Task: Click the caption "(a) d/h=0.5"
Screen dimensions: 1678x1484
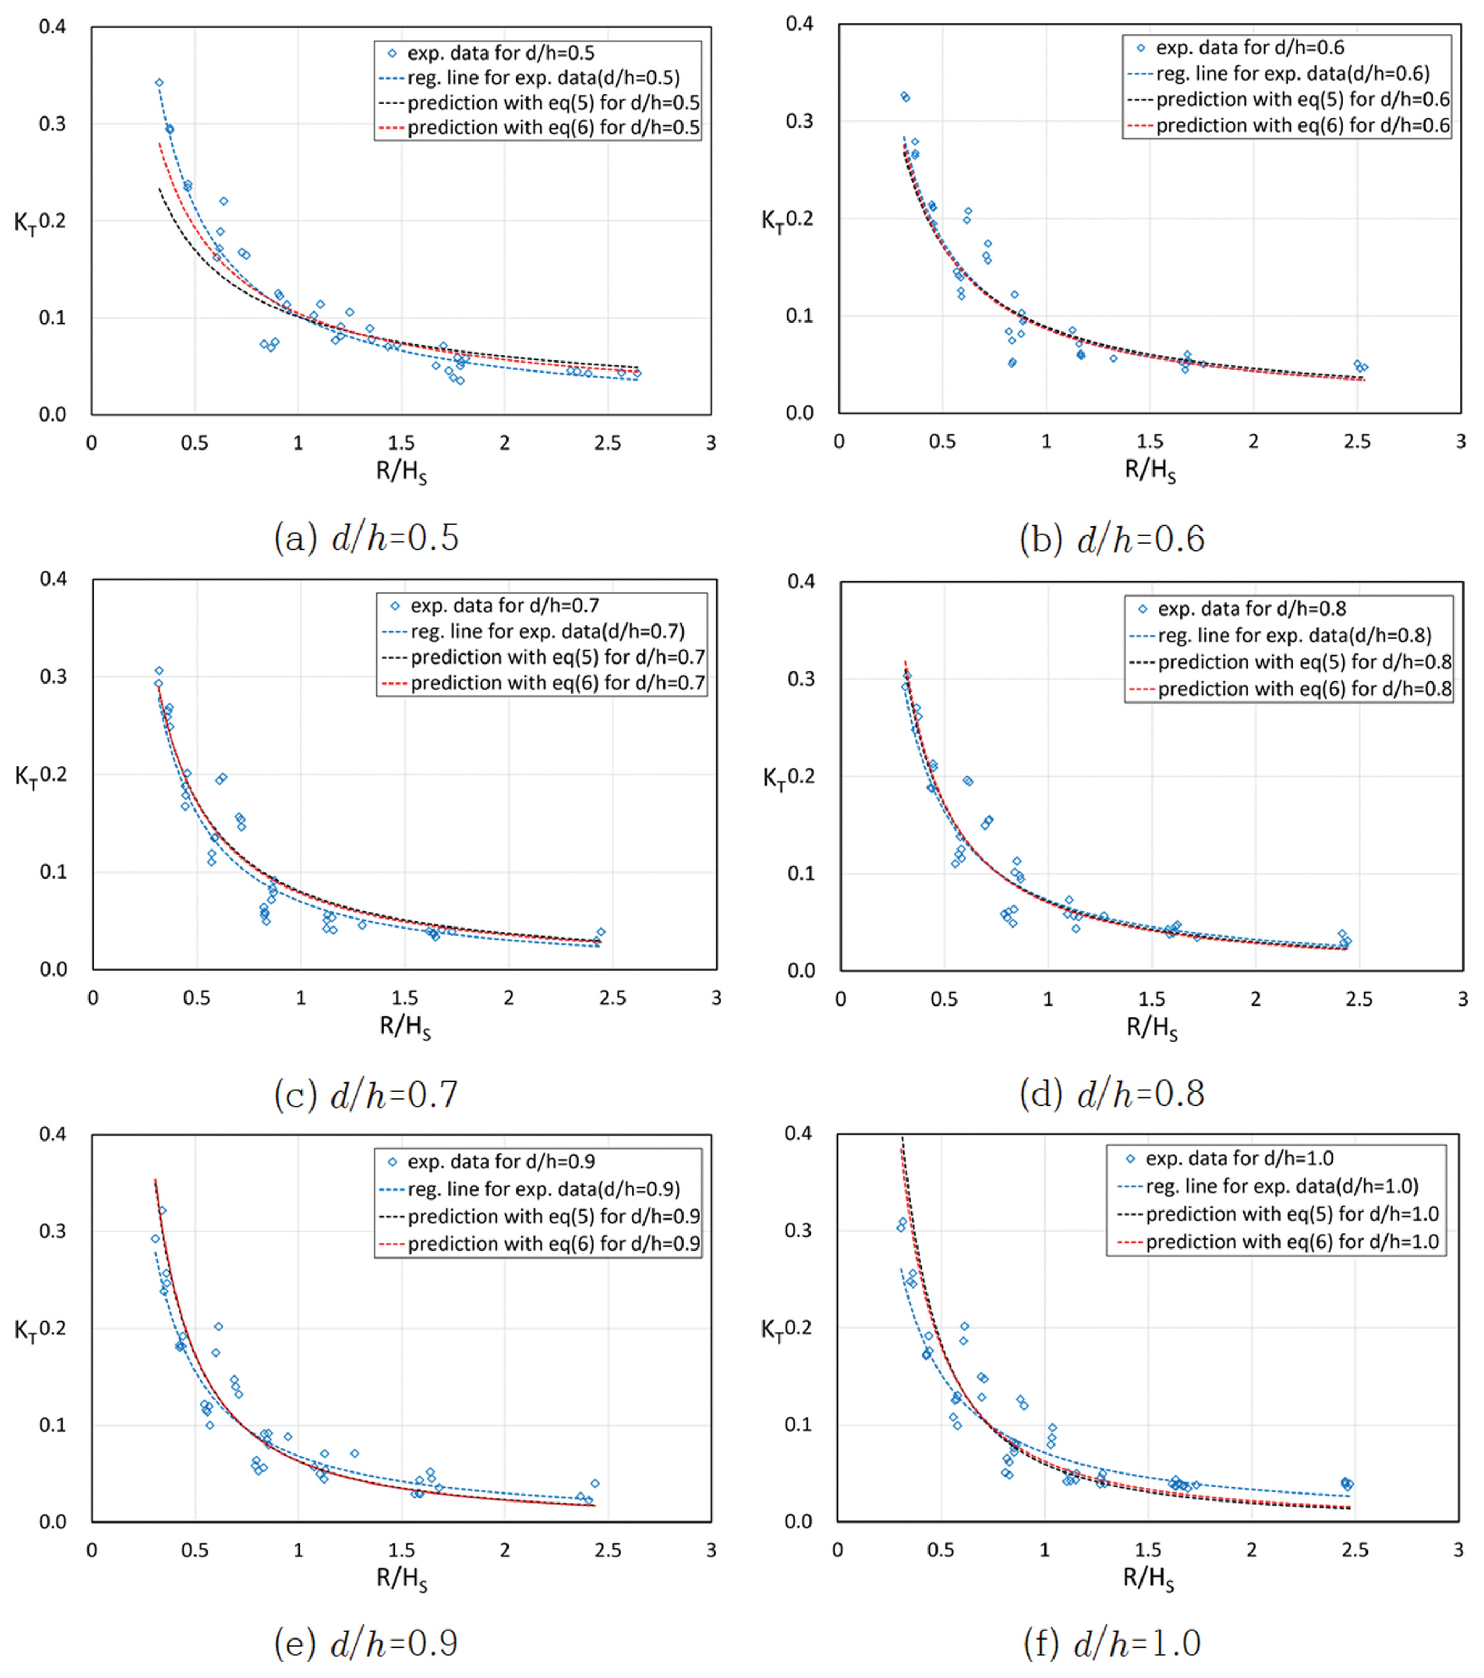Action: [366, 539]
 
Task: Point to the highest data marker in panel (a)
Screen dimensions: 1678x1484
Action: [159, 83]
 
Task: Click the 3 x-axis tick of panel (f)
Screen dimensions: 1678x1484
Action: [1459, 1550]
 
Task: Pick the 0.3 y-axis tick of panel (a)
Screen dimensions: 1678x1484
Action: [53, 124]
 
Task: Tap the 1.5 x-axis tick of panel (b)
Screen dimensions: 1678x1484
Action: [1150, 442]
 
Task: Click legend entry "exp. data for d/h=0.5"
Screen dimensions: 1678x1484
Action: [501, 53]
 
